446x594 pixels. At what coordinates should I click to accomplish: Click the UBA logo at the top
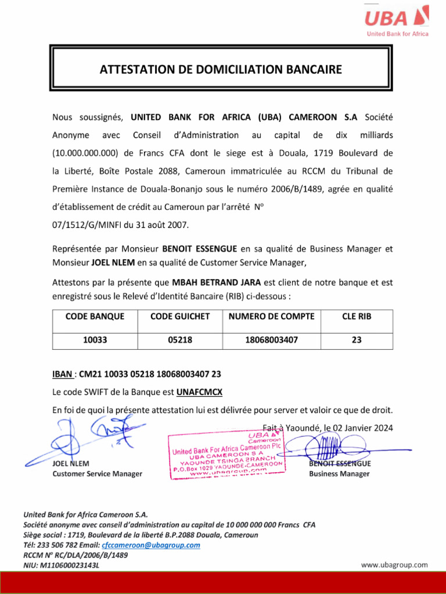(396, 20)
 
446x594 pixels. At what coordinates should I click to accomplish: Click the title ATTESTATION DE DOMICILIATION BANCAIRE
(221, 70)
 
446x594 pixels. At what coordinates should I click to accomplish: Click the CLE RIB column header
(357, 316)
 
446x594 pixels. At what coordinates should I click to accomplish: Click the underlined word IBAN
(62, 374)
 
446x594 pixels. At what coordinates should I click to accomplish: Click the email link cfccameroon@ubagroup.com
(151, 545)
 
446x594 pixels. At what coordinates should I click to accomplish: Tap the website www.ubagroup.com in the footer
(394, 564)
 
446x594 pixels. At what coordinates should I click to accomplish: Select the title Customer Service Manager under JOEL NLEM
(97, 474)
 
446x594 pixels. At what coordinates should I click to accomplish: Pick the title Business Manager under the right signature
(339, 474)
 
